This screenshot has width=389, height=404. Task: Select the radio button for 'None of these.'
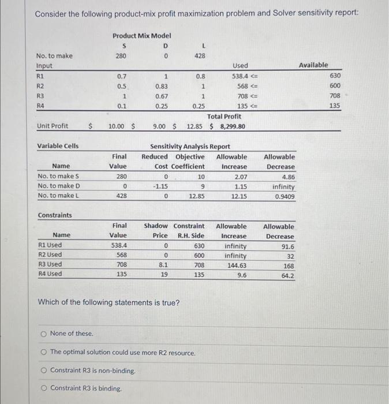pyautogui.click(x=43, y=334)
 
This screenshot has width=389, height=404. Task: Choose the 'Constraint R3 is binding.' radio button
pyautogui.click(x=43, y=388)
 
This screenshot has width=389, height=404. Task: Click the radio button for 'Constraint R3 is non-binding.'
pyautogui.click(x=43, y=371)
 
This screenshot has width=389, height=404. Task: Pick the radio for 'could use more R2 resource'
pyautogui.click(x=43, y=352)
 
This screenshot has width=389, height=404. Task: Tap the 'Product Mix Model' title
pyautogui.click(x=141, y=36)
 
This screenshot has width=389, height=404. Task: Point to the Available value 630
pyautogui.click(x=335, y=75)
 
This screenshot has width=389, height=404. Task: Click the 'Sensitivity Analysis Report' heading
pyautogui.click(x=190, y=147)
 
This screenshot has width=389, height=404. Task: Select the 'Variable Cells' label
pyautogui.click(x=58, y=146)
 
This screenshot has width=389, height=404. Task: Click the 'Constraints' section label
pyautogui.click(x=55, y=215)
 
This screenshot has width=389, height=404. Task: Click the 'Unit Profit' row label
pyautogui.click(x=52, y=126)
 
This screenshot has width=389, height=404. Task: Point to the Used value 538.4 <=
pyautogui.click(x=244, y=75)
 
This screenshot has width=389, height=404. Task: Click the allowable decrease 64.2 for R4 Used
pyautogui.click(x=287, y=275)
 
